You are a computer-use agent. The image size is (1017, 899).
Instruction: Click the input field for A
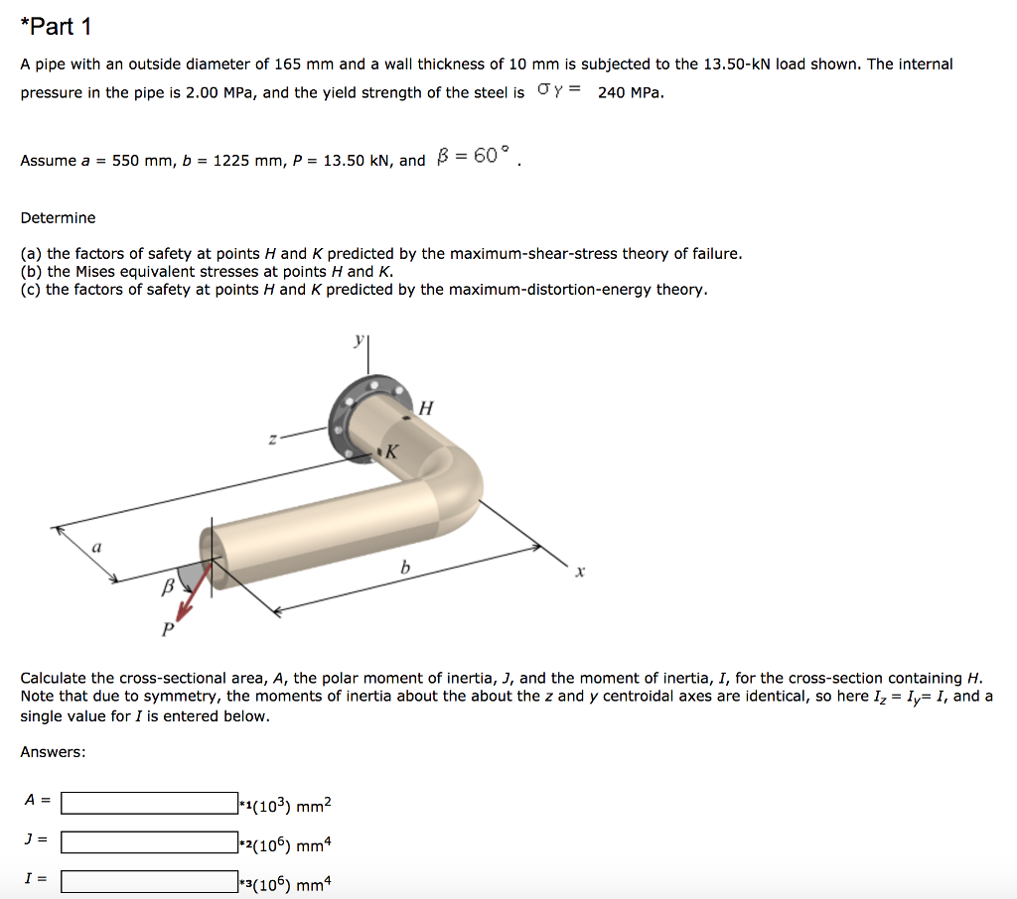coord(149,803)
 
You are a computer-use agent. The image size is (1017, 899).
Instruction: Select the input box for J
coord(149,841)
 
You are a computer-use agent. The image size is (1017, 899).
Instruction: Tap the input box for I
coord(149,880)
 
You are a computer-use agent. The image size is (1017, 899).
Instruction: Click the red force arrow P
coord(193,593)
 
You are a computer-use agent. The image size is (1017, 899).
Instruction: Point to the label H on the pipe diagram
coord(426,407)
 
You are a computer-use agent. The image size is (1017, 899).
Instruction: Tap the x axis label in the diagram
coord(582,573)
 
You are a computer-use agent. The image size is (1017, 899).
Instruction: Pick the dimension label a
coord(96,546)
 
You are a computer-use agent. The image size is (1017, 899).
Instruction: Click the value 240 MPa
coord(631,92)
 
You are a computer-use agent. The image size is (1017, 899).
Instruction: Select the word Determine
coord(59,217)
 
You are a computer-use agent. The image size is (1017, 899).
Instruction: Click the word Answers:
coord(53,752)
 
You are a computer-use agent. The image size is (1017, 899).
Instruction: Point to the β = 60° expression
coord(473,157)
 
